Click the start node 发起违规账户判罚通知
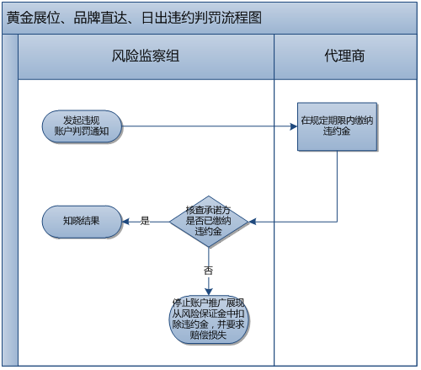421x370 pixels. coord(82,126)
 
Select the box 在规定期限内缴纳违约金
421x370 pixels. coord(336,126)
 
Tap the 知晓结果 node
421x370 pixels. coord(82,221)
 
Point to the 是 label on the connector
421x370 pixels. coord(144,221)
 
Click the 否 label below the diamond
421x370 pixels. coord(207,270)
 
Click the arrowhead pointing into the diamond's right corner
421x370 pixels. coord(250,221)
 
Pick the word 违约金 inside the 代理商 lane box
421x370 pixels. coord(336,132)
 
